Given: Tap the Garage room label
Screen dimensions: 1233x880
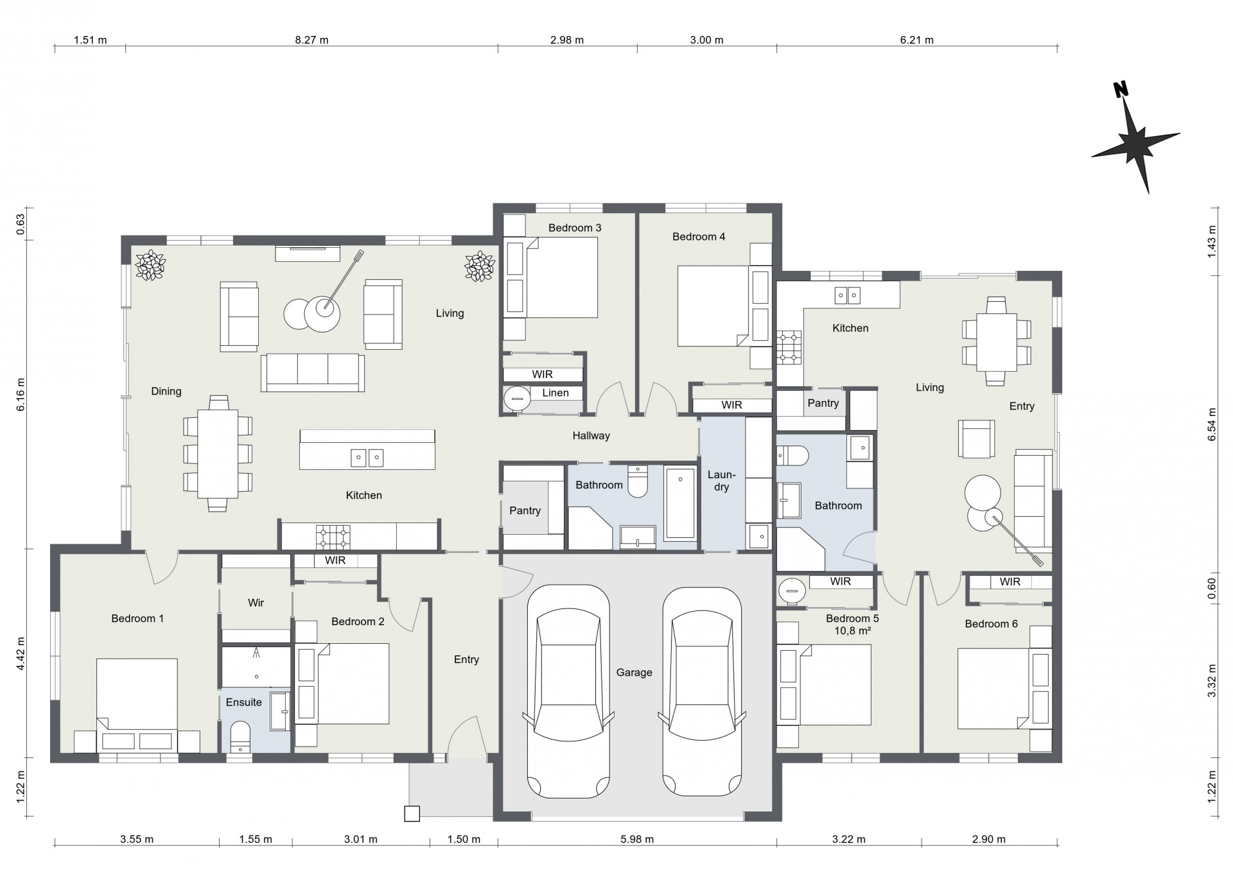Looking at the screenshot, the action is pos(634,673).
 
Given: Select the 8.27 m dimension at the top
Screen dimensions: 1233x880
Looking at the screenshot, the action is pos(311,40).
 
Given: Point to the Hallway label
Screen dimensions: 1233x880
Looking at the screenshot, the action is pos(591,436).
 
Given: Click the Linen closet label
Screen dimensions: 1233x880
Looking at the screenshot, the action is pos(555,393).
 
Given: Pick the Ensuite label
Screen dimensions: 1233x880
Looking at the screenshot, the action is pos(244,702).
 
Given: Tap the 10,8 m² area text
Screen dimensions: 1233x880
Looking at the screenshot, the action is pos(852,630).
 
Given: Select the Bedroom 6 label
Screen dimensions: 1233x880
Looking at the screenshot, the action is pos(991,624).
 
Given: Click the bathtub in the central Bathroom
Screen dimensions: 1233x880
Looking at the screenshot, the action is pos(680,503).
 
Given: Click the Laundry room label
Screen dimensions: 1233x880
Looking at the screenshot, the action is pos(721,481).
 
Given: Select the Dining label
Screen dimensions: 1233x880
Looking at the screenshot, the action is pos(166,391).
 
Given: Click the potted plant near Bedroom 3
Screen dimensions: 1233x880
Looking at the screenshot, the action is pos(479,265).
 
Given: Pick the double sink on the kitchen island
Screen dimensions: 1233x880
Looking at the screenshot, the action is pos(367,457).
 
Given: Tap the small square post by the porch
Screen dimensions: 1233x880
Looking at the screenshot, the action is pos(412,813).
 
